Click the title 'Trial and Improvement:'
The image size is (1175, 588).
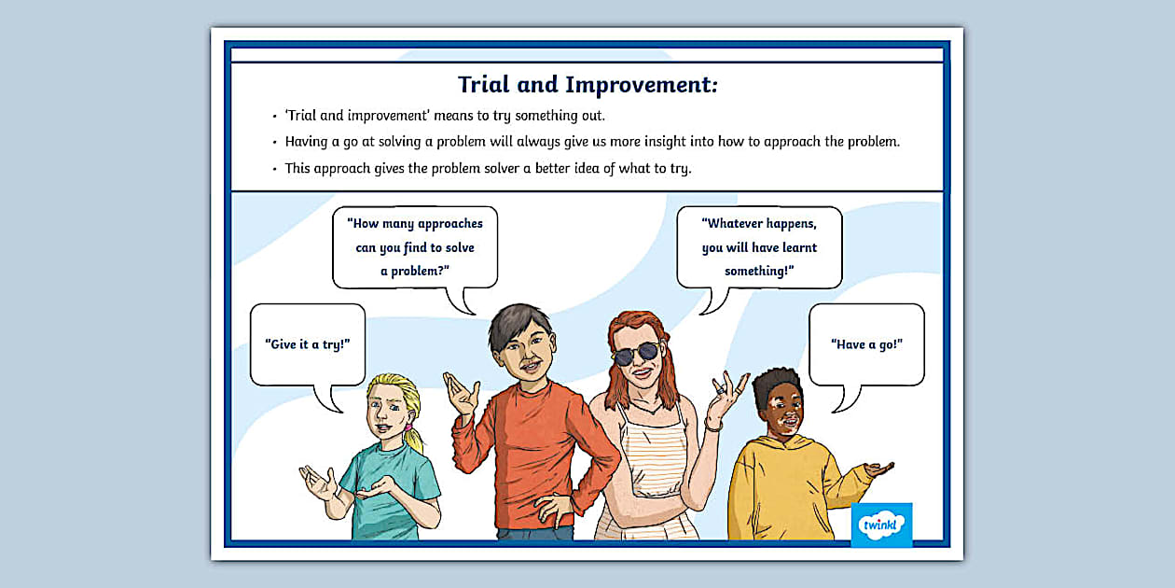pyautogui.click(x=587, y=85)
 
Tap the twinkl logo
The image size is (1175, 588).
pyautogui.click(x=881, y=525)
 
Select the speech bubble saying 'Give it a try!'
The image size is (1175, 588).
pyautogui.click(x=308, y=343)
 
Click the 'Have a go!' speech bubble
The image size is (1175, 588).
pyautogui.click(x=866, y=343)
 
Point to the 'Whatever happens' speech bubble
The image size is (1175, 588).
pyautogui.click(x=759, y=246)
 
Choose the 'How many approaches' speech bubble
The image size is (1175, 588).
pyautogui.click(x=415, y=246)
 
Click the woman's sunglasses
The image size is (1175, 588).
pyautogui.click(x=636, y=353)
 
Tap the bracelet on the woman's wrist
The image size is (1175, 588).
pyautogui.click(x=713, y=425)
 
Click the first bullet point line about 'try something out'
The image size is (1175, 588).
pyautogui.click(x=445, y=116)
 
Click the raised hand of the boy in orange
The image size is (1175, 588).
pyautogui.click(x=461, y=392)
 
